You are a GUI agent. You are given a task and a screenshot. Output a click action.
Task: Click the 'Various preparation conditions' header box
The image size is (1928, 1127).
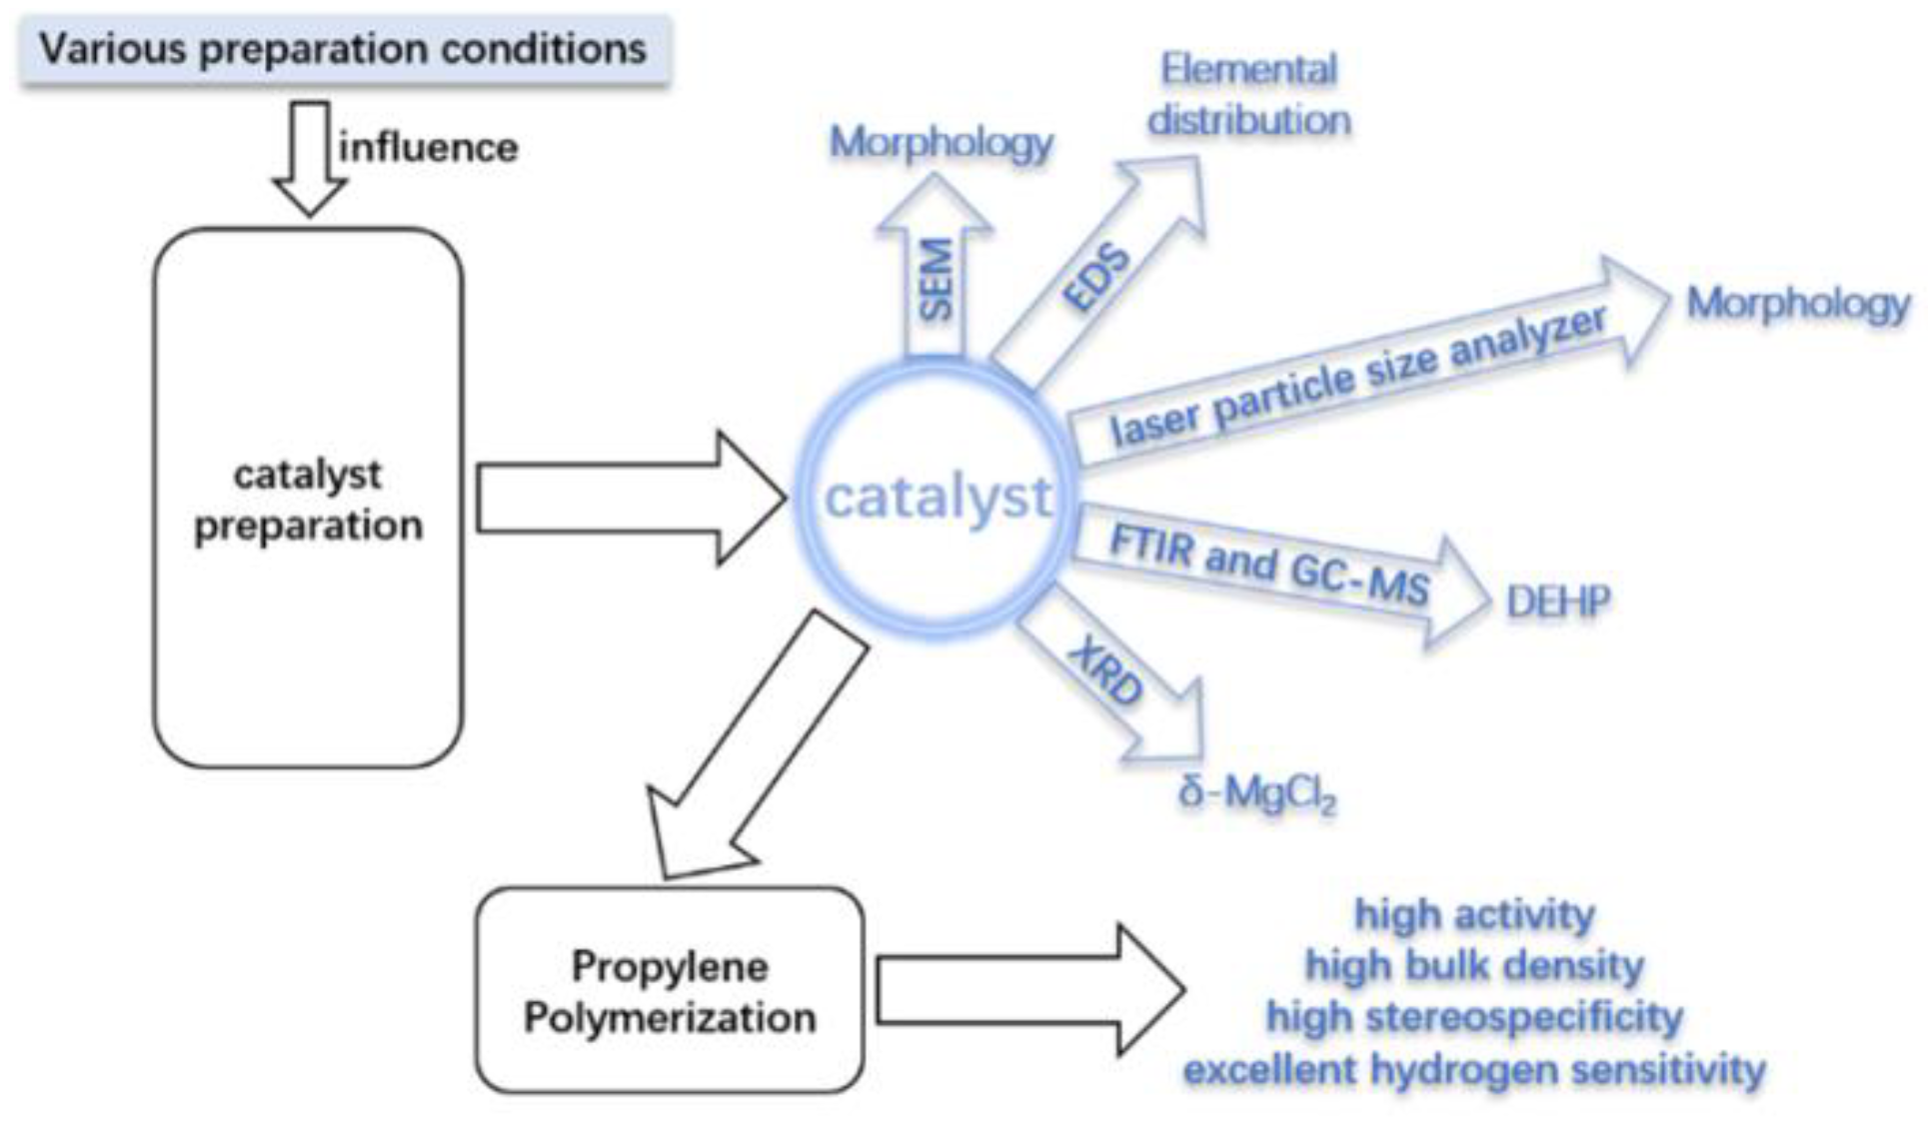[343, 49]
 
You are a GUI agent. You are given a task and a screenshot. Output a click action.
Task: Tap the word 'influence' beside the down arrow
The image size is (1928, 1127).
[429, 148]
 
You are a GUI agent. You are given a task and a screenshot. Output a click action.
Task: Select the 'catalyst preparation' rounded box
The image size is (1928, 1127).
[308, 498]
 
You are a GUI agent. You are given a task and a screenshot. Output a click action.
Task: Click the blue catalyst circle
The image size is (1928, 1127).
[937, 498]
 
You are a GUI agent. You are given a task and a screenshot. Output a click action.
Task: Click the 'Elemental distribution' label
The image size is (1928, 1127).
[1248, 95]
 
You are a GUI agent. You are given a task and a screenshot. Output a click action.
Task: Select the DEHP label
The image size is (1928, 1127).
[1558, 601]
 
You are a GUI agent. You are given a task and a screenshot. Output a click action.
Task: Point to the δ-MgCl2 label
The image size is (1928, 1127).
[1256, 794]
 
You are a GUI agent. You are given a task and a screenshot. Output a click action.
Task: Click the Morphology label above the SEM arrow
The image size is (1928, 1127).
[941, 143]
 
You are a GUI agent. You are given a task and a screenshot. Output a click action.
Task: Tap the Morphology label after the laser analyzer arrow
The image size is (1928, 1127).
[1797, 304]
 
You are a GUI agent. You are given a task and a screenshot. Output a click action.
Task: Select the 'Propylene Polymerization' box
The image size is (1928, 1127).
[670, 991]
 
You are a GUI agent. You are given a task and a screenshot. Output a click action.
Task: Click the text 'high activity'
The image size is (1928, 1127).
[1474, 914]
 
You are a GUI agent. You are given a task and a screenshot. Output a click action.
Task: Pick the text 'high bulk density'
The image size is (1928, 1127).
[1474, 966]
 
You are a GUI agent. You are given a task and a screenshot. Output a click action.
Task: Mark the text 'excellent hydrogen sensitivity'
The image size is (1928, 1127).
[1474, 1069]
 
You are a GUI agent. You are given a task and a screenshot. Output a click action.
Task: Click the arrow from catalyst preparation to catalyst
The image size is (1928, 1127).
[630, 498]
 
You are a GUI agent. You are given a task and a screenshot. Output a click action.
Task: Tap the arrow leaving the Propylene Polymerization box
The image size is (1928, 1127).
[1029, 990]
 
